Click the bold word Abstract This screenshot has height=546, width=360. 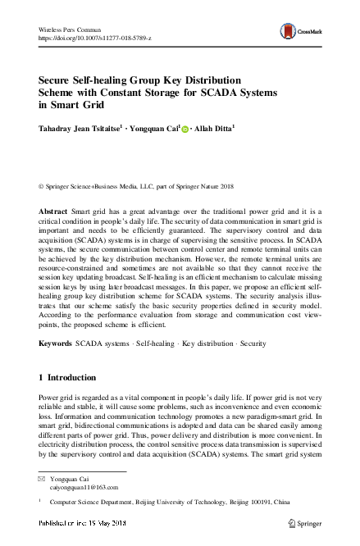tap(53, 212)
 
